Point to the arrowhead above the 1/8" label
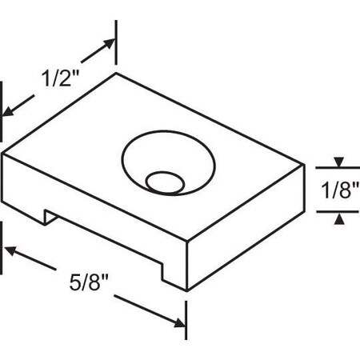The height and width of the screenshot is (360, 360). (x=338, y=163)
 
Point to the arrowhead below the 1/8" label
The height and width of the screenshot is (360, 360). (x=338, y=217)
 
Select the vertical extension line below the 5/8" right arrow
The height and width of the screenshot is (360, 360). (x=186, y=320)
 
